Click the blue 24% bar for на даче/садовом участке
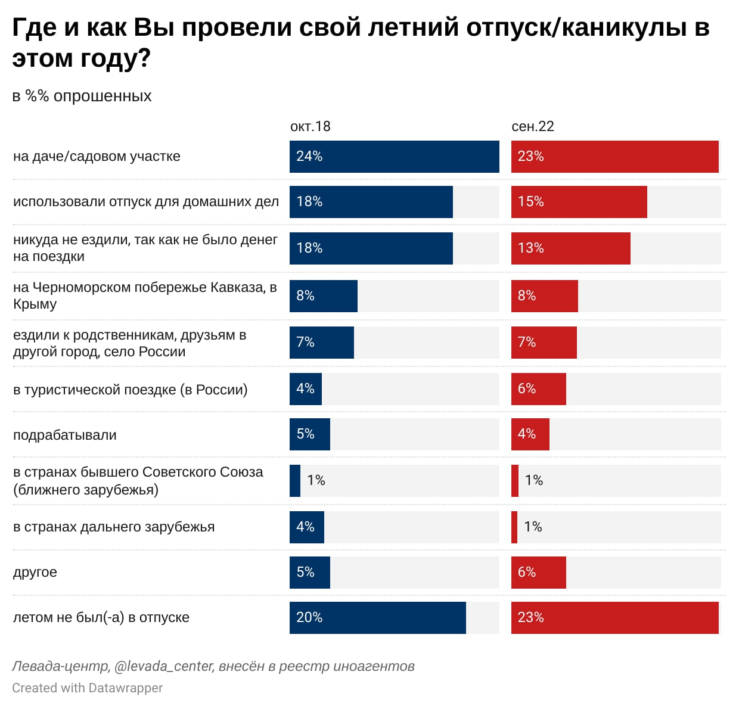394,157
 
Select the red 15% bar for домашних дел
579,202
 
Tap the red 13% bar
570,248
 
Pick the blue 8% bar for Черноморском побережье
324,296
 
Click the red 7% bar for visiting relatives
544,343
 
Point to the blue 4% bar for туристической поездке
306,389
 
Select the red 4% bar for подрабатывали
530,434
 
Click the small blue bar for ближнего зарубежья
295,481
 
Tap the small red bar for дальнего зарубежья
514,527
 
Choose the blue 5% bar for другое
310,573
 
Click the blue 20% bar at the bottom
377,618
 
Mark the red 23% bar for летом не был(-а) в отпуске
614,618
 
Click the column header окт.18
310,126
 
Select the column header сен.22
533,126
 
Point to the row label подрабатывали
65,435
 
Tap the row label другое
35,573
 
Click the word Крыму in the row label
35,304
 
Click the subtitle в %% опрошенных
82,96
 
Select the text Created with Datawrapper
87,688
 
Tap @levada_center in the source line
163,666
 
